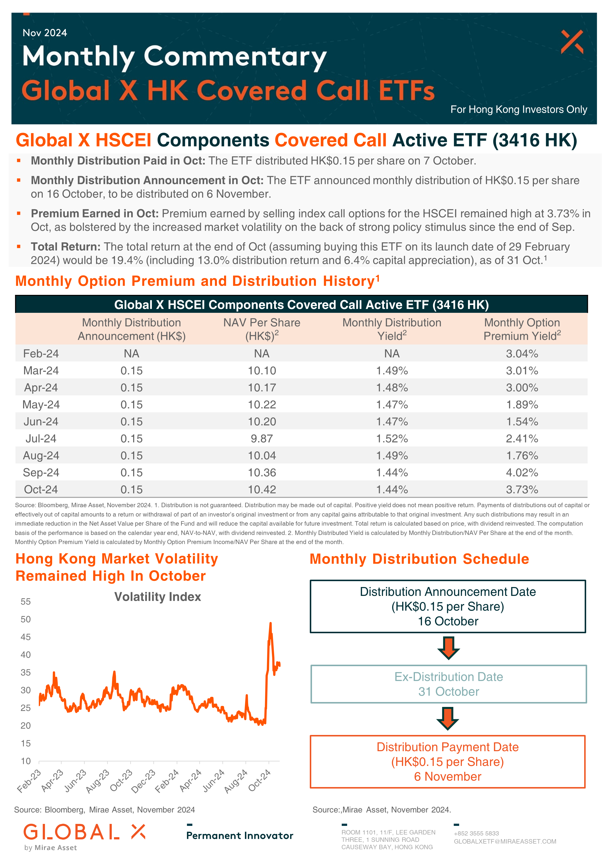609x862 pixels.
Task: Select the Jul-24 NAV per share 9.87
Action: point(262,439)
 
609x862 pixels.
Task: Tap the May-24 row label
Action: point(41,404)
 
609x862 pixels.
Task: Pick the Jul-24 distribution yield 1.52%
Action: point(392,439)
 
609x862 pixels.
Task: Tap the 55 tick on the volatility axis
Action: point(26,602)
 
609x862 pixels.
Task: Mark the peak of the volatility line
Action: point(270,623)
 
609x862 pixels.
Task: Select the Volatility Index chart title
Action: point(158,597)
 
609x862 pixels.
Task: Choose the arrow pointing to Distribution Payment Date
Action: point(448,718)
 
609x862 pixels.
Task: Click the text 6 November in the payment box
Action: point(448,776)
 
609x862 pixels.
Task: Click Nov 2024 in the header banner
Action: point(45,33)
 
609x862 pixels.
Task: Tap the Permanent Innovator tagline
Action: point(240,835)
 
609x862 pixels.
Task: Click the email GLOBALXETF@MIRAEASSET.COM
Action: point(505,841)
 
